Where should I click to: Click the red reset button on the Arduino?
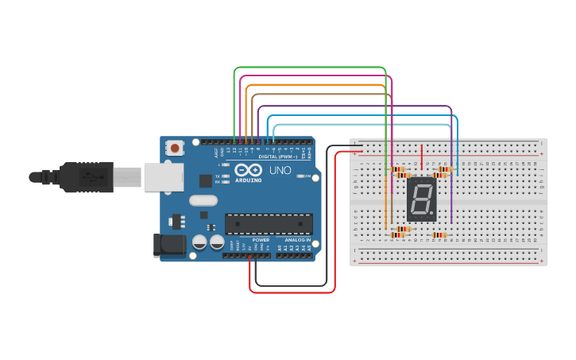pos(175,148)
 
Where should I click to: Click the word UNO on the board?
pos(280,170)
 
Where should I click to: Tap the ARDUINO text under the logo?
pos(248,180)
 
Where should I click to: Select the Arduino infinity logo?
pos(248,170)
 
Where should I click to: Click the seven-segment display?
pos(421,199)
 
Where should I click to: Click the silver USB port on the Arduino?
pos(163,176)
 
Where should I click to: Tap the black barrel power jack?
pos(168,244)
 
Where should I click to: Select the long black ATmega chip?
pos(268,223)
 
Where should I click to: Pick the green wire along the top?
pos(310,68)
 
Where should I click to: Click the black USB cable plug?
pos(87,176)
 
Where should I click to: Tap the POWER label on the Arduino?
pos(261,240)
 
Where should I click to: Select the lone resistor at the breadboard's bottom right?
pos(439,235)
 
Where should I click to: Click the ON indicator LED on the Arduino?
pos(300,176)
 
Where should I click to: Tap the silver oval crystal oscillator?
pos(203,200)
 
